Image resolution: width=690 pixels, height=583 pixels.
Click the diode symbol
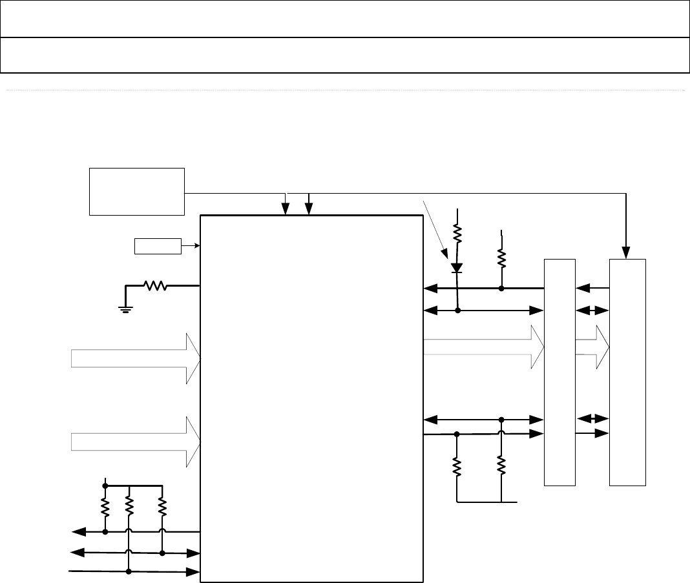point(457,267)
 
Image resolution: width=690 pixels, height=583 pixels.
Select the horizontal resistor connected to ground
point(156,285)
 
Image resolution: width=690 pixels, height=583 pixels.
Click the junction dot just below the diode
point(457,311)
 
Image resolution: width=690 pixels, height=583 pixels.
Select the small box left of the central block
point(158,246)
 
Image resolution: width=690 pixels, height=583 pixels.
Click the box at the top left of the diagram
point(136,191)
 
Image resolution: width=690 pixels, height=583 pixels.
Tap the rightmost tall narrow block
point(628,371)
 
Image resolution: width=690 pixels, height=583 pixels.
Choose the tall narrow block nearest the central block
point(559,371)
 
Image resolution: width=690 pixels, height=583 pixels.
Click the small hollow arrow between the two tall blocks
point(592,347)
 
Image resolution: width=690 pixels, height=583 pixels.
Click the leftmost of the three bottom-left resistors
point(105,507)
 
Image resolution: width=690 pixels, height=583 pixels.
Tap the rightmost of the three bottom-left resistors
point(162,507)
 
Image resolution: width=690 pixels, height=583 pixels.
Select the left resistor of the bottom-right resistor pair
point(457,466)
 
